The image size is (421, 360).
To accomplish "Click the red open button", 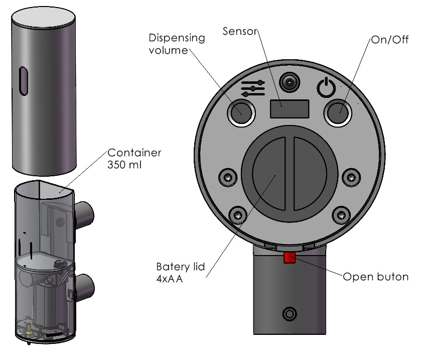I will click(x=290, y=258).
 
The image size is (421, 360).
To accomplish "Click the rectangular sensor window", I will click(x=288, y=108).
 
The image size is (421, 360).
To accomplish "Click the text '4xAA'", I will click(x=169, y=279).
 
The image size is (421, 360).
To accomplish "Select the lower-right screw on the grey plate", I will click(x=340, y=213).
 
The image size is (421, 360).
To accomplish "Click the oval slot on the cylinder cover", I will click(x=23, y=81).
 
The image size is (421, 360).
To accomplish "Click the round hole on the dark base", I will click(x=289, y=314).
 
